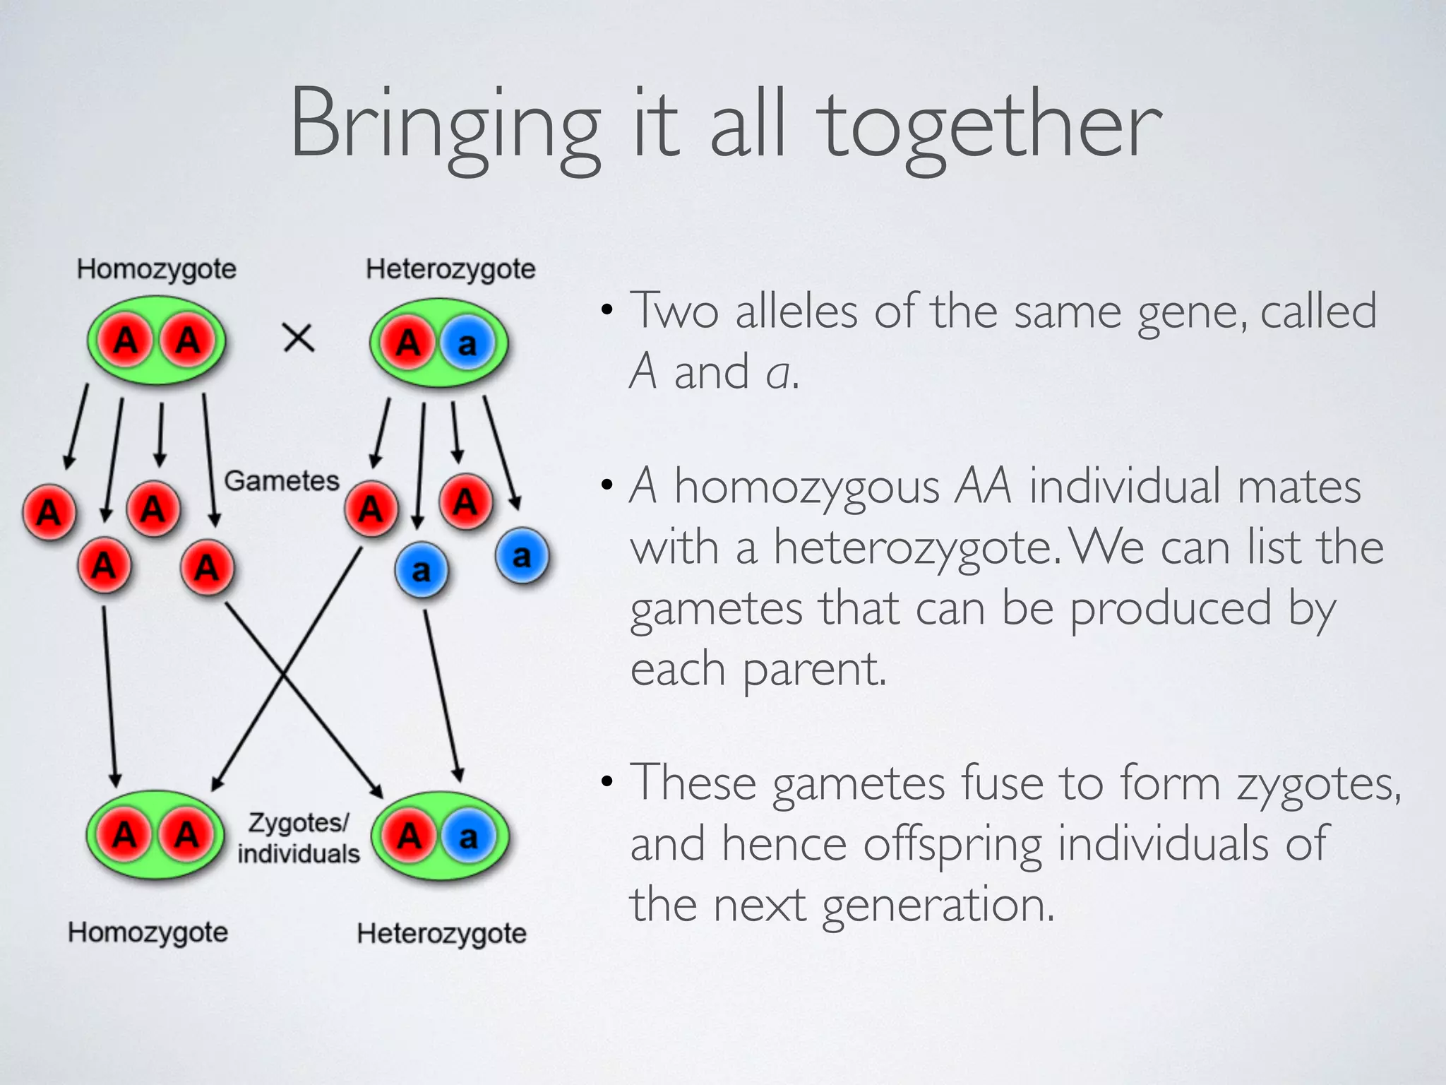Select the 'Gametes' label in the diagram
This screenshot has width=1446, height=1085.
tap(282, 481)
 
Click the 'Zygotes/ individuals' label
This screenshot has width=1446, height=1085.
tap(299, 838)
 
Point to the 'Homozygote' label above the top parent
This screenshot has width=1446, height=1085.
tap(157, 269)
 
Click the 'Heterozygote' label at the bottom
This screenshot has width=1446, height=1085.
tap(442, 933)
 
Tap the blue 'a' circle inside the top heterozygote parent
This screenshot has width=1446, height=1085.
tap(467, 344)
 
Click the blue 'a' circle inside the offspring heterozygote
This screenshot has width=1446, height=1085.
tap(467, 838)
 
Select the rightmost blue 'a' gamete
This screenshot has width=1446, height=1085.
tap(522, 556)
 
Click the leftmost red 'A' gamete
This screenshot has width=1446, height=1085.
tap(49, 511)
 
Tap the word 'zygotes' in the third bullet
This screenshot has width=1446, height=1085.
tap(1317, 784)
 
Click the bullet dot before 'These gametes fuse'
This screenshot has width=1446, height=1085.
tap(607, 783)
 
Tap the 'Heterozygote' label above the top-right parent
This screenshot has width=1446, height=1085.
tap(450, 269)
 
